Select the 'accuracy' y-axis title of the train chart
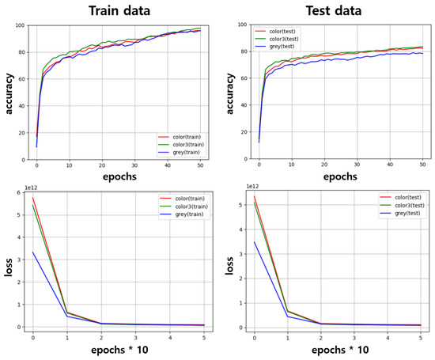[8, 93]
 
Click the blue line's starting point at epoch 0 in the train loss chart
[33, 252]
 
